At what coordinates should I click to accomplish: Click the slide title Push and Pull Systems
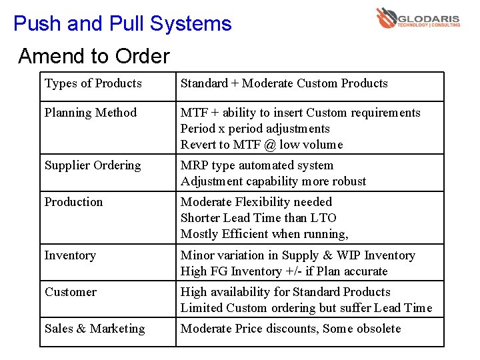point(122,24)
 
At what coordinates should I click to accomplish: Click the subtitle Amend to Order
point(94,56)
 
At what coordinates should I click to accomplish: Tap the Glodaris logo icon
point(386,17)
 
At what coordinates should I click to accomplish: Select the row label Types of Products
point(93,83)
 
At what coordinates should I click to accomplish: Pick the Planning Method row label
point(91,113)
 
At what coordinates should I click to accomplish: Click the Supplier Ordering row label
point(93,165)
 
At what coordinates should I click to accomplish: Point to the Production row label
point(74,202)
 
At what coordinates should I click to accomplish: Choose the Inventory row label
point(70,255)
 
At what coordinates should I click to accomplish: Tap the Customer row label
point(71,292)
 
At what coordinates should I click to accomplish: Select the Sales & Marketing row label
point(95,329)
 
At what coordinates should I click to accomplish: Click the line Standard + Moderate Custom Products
point(284,83)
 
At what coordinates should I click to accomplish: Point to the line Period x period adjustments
point(255,129)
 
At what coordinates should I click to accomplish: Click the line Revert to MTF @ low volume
point(262,145)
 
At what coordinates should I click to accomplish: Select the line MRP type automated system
point(257,165)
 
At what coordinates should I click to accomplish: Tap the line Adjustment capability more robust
point(273,181)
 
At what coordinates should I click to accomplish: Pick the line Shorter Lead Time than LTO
point(259,218)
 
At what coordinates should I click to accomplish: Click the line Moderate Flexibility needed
point(257,202)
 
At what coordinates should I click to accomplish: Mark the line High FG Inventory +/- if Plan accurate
point(284,271)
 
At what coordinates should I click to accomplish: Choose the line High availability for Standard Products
point(285,292)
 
